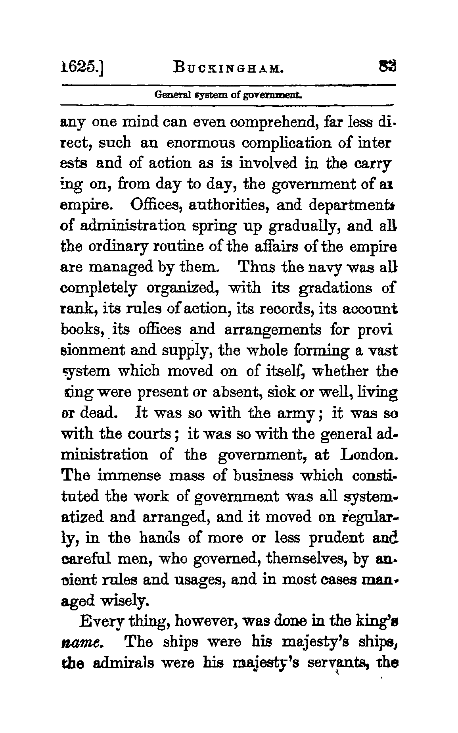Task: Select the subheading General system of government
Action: coord(228,96)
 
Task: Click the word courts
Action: coord(152,434)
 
